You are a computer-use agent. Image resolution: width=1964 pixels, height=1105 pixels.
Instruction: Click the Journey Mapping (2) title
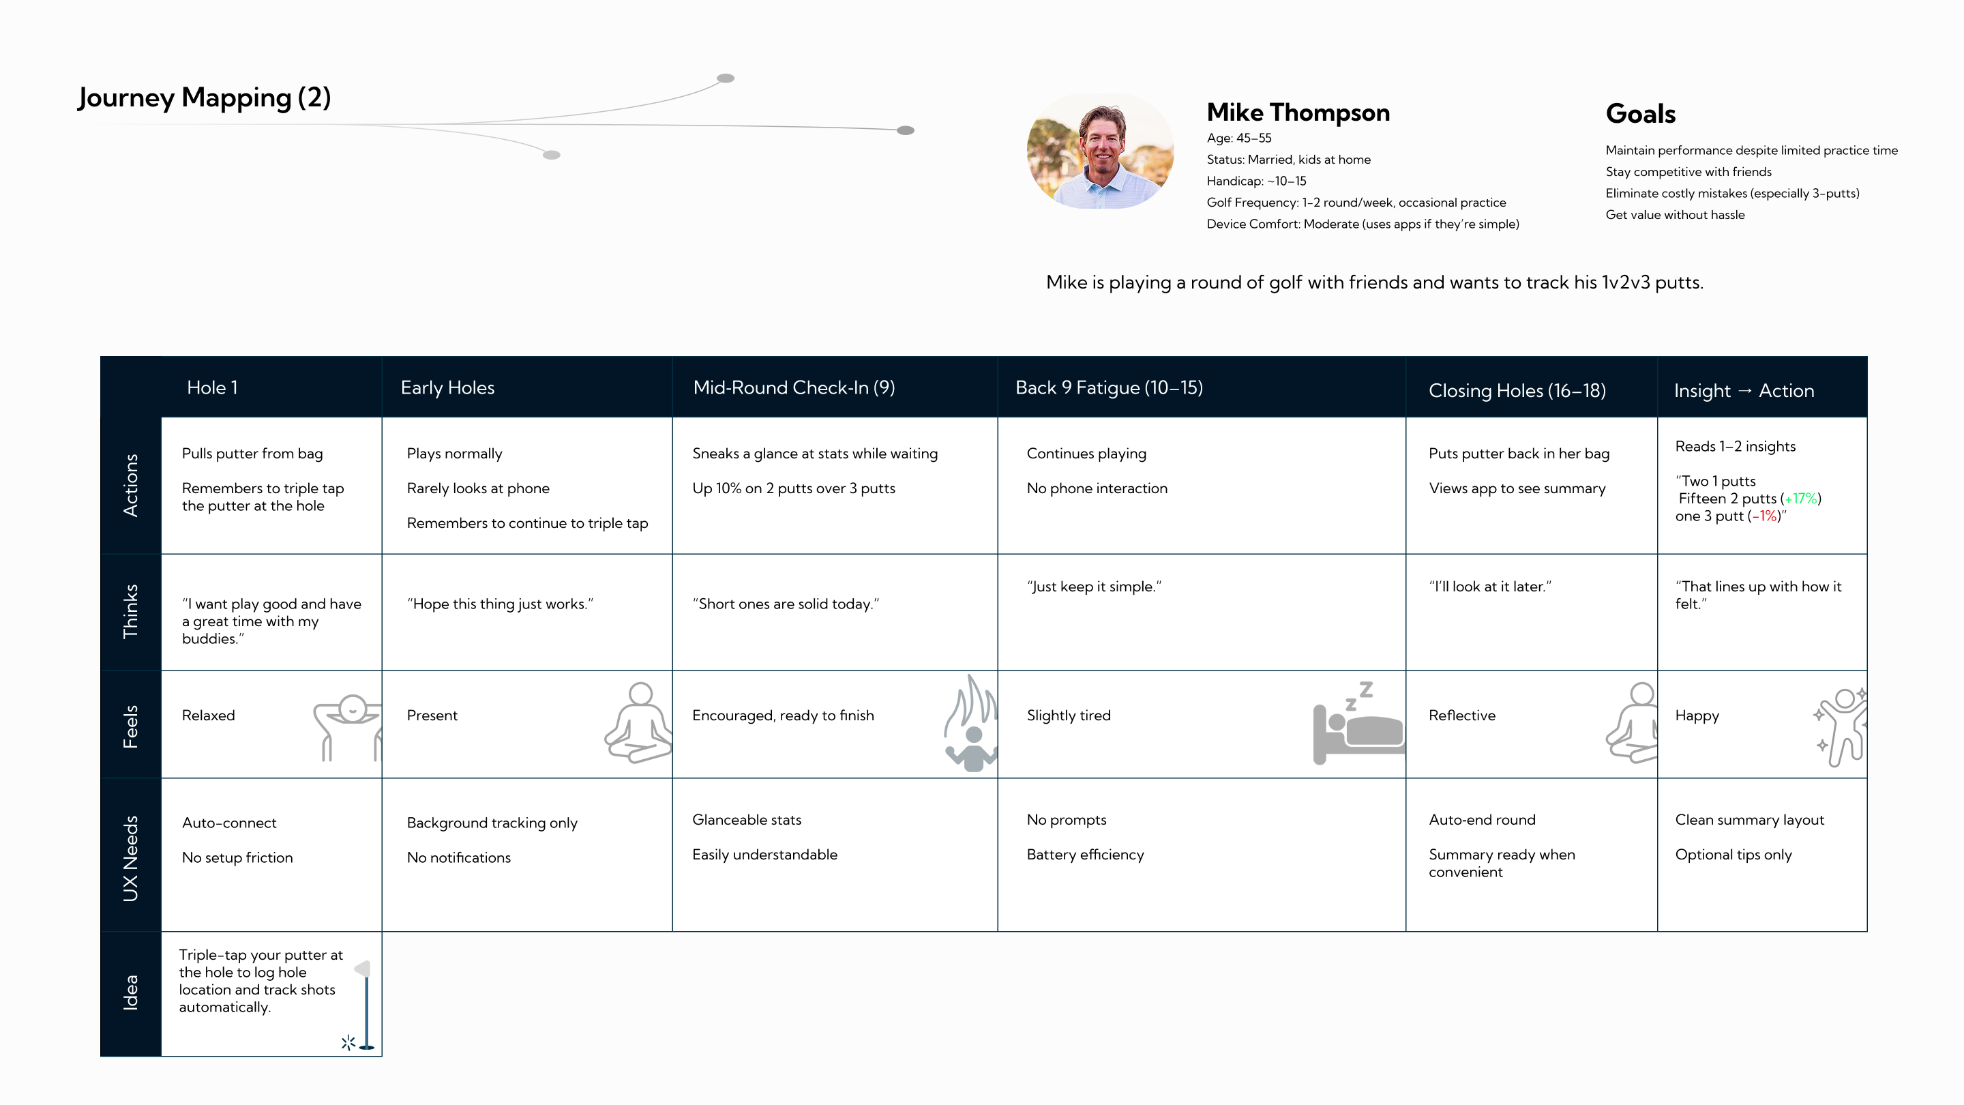click(205, 98)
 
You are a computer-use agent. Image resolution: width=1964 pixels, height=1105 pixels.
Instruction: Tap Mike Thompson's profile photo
click(1100, 151)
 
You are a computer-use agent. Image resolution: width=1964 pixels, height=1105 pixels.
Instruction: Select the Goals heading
click(1641, 114)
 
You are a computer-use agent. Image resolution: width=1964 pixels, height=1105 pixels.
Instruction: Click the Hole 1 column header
click(212, 387)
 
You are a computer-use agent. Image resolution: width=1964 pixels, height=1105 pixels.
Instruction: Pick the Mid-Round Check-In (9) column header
click(794, 387)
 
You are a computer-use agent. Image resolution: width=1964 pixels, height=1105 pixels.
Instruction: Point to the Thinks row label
click(130, 611)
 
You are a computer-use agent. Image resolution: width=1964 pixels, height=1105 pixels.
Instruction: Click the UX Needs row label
click(130, 858)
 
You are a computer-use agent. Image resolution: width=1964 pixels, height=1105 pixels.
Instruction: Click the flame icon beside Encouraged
click(970, 722)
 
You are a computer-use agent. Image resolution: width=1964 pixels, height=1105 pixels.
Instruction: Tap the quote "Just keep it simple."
click(1094, 587)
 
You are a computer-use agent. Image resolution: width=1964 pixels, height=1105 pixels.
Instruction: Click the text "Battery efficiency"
click(1085, 855)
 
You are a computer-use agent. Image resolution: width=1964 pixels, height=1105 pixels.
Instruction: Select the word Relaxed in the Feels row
click(208, 716)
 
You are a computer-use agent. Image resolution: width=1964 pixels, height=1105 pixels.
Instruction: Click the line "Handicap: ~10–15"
click(1256, 181)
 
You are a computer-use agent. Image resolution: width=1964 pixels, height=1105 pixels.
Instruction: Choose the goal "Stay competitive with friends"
click(1688, 172)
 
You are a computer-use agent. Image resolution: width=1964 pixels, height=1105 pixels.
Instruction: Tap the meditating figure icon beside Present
click(639, 722)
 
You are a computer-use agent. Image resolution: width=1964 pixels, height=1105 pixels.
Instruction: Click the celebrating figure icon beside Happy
click(1841, 726)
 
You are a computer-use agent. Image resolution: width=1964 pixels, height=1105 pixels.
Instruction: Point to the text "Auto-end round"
click(1482, 820)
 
